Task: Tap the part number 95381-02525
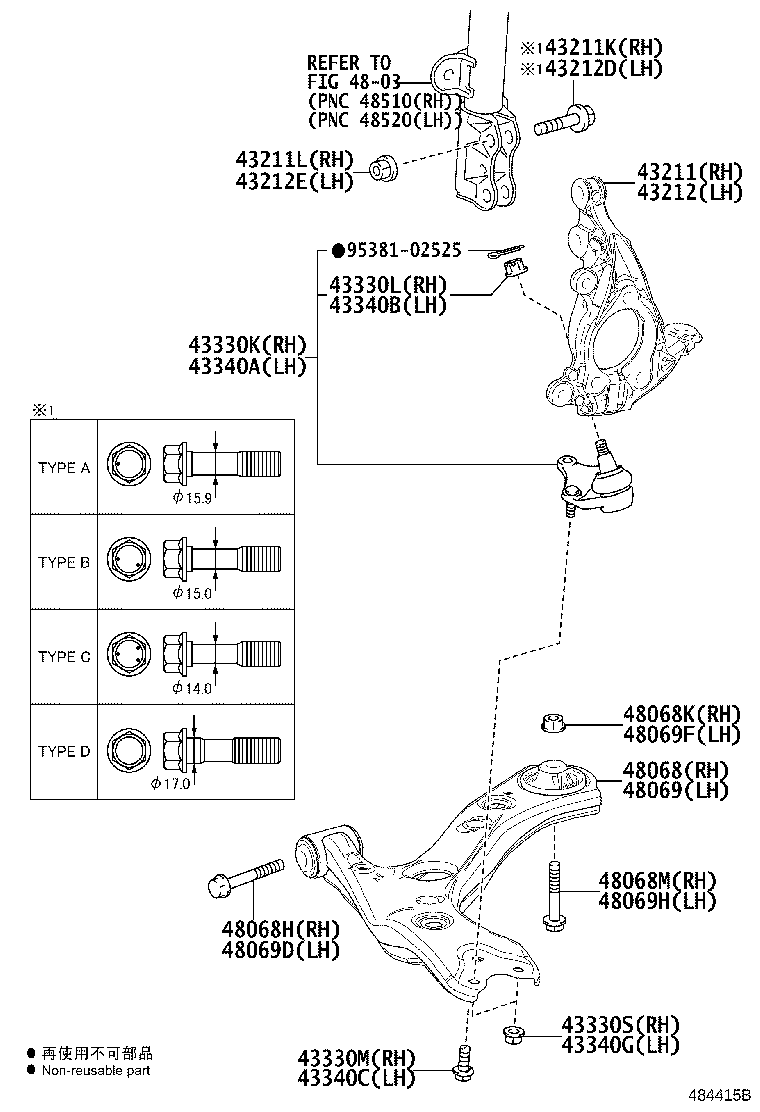coord(397,251)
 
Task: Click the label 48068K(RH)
coord(681,714)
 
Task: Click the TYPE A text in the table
coord(64,468)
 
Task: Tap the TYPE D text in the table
coord(64,751)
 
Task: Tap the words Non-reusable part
coord(97,1070)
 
